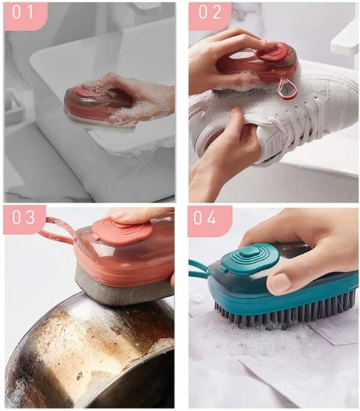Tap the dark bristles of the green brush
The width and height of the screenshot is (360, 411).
pos(282,312)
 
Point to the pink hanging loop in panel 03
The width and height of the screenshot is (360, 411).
pos(57,231)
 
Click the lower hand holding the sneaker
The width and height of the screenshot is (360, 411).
pos(225,153)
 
